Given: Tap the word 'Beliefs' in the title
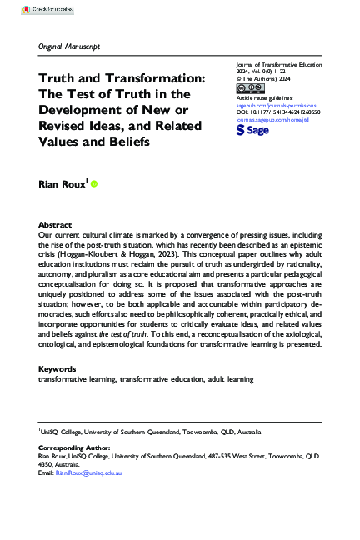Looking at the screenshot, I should tap(126, 140).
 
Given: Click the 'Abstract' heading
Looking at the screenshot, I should tap(55, 225).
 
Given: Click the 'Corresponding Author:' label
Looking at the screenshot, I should tap(73, 447).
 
